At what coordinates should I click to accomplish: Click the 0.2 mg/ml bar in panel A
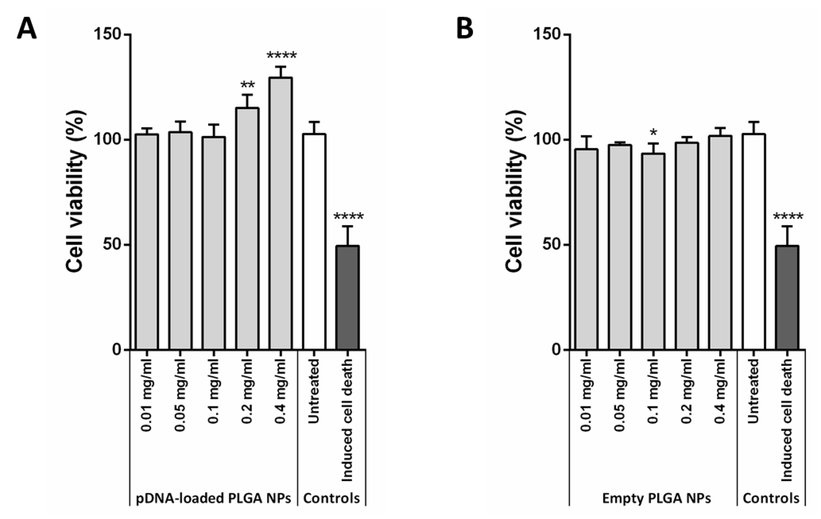pyautogui.click(x=247, y=228)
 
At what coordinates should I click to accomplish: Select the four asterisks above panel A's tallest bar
pyautogui.click(x=282, y=55)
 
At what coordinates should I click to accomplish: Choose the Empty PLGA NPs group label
pyautogui.click(x=656, y=498)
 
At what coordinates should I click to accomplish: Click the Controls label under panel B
pyautogui.click(x=771, y=498)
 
